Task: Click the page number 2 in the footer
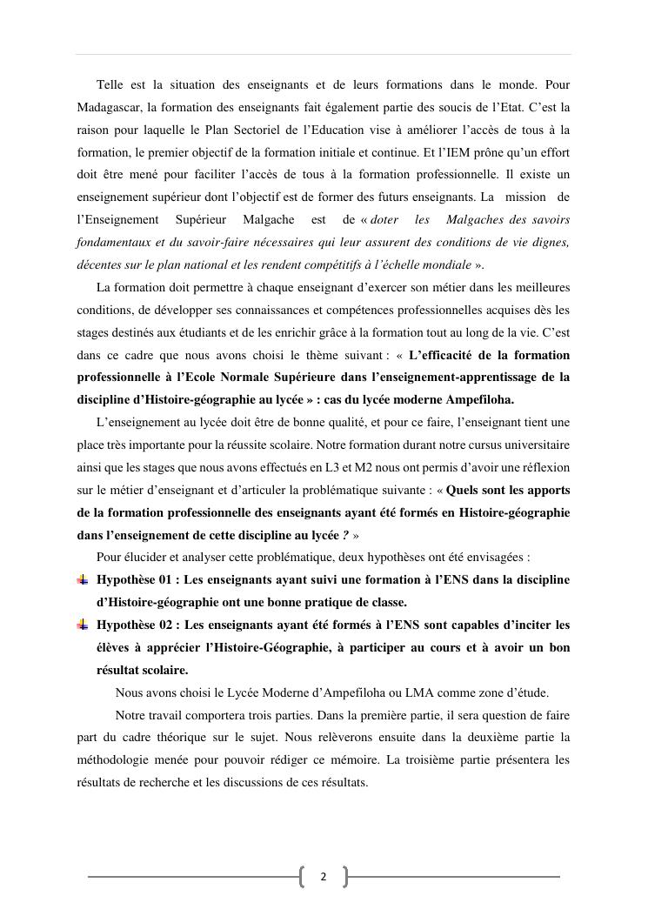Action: tap(323, 877)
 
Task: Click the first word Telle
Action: tap(110, 84)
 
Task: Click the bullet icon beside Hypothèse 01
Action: tap(83, 579)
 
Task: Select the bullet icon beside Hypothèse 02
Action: tap(83, 625)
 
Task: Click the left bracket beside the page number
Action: tap(303, 877)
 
